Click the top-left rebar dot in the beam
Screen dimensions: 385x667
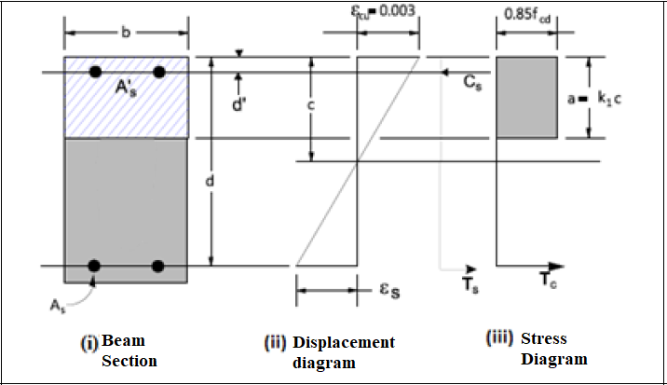tap(94, 72)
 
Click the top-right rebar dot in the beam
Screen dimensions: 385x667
tap(159, 72)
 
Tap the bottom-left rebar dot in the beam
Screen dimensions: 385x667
tap(94, 266)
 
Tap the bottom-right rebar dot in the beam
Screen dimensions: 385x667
tap(159, 266)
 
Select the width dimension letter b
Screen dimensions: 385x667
tap(126, 33)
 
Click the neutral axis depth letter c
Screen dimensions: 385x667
tap(311, 105)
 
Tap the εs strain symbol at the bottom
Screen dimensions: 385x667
tap(391, 291)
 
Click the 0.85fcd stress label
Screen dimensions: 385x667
tap(525, 14)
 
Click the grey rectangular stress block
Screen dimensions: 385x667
tap(526, 97)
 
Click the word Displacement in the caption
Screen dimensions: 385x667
tap(344, 342)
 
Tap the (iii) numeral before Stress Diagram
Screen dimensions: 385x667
tap(499, 338)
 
